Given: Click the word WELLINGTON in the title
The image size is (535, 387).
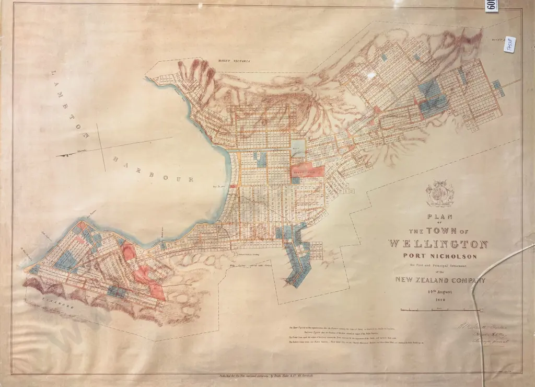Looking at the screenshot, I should click(x=438, y=244).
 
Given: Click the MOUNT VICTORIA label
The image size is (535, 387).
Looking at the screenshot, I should click(x=234, y=61).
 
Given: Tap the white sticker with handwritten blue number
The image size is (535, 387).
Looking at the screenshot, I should click(x=510, y=44).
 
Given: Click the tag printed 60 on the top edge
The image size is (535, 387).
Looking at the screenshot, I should click(x=491, y=6).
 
